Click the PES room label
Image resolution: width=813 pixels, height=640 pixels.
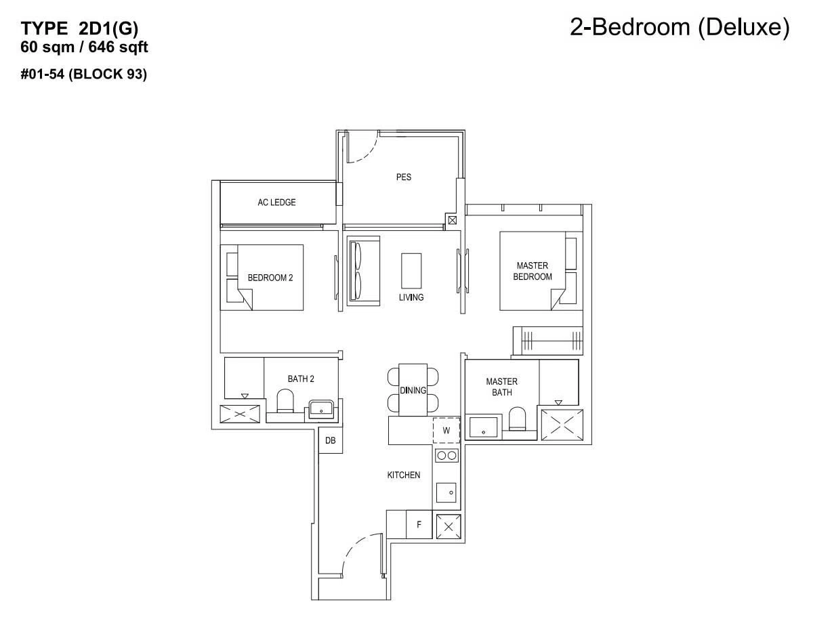[x=404, y=177]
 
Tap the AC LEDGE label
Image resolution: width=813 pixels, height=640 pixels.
[x=276, y=202]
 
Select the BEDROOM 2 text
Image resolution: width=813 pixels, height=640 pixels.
[x=270, y=278]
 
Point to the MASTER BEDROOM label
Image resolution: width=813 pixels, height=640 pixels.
[x=533, y=271]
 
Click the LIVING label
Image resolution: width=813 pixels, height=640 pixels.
[x=411, y=297]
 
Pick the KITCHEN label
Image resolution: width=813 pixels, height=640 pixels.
[x=404, y=475]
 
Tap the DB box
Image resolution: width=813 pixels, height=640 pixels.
[x=331, y=440]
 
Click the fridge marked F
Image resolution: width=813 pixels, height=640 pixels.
[x=419, y=524]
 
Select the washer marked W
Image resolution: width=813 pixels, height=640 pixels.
[x=446, y=430]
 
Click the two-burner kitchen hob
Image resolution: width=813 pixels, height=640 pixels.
[x=446, y=456]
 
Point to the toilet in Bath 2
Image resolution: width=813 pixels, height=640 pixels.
[x=285, y=401]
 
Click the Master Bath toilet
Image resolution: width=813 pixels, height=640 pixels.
[x=517, y=419]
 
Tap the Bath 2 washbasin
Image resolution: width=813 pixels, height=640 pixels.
[x=321, y=410]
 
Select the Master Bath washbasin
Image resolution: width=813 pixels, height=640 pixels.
[x=483, y=427]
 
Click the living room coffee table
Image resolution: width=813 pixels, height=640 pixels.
[x=411, y=271]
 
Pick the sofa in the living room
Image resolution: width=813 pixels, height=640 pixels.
[x=363, y=271]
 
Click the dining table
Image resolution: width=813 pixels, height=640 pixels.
[x=413, y=390]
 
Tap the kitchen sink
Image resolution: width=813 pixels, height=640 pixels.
[x=446, y=492]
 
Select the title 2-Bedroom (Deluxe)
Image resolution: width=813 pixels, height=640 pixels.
[x=680, y=28]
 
